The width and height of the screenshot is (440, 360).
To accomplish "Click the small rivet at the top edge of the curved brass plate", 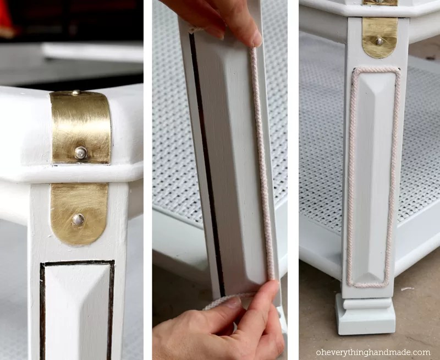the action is coord(76,92).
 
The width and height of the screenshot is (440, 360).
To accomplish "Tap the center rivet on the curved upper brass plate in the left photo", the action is coord(80,152).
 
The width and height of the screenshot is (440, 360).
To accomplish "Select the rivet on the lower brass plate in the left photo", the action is coord(78,219).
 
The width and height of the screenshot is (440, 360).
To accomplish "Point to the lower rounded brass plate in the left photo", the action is coord(79,214).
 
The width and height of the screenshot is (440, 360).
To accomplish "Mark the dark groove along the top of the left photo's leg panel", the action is coord(78,264).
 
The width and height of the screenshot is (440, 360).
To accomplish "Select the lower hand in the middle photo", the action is coord(219,323).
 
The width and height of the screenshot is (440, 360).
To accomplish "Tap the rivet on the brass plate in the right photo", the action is coord(380,42).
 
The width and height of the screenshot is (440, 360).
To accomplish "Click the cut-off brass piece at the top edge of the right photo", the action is coord(380,3).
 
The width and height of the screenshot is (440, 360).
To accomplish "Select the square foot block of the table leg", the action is coord(365,314).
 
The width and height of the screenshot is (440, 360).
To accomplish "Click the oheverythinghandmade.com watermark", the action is coord(373,352).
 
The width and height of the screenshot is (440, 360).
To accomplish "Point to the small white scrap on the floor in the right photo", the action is coord(407,288).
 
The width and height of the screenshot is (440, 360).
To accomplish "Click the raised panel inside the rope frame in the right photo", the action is coord(373,177).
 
